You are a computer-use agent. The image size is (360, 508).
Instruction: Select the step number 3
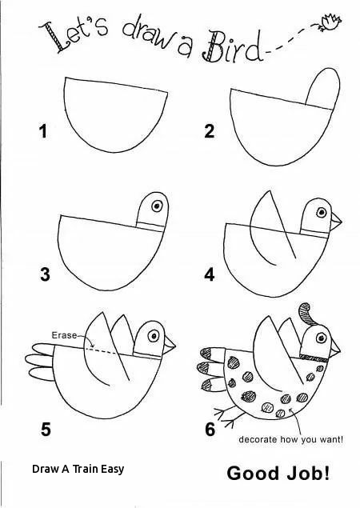point(46,275)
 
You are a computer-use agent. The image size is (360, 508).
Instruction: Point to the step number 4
point(210,275)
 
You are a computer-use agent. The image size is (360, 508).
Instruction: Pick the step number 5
point(46,430)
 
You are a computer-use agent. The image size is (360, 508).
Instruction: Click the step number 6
point(210,430)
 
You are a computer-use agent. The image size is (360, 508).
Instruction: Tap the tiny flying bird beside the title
point(327,21)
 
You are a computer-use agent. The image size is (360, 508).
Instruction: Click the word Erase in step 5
point(64,335)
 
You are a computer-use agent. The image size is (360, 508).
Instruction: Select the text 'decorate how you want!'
point(291,439)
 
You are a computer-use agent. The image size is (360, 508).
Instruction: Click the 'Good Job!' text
point(278,473)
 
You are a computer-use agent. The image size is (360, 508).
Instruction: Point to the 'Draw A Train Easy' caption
point(78,470)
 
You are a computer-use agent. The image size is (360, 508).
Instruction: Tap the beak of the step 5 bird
point(172,344)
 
